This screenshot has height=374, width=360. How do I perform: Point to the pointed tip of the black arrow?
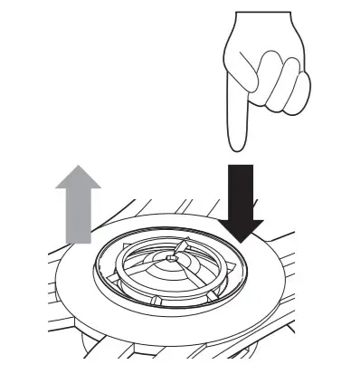click(240, 243)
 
